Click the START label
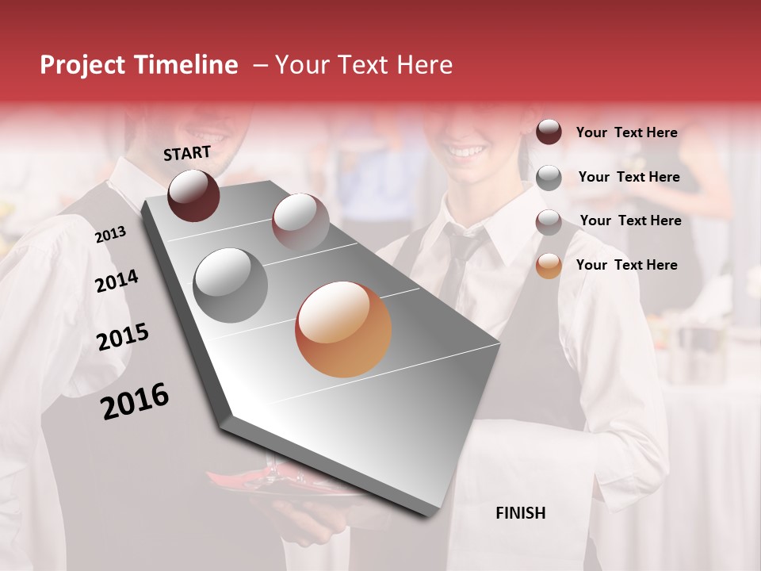(187, 153)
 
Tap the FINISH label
(521, 513)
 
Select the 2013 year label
(111, 234)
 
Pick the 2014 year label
(117, 281)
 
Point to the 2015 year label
(123, 337)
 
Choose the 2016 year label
(135, 401)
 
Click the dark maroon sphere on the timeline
(193, 195)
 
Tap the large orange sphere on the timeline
(343, 329)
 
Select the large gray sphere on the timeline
(230, 285)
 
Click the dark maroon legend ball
(549, 132)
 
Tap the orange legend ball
(549, 266)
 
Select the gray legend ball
(549, 178)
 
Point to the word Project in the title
(83, 65)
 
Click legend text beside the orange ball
(626, 265)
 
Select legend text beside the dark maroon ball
(626, 132)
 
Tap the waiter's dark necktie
(458, 262)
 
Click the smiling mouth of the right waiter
(465, 150)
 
